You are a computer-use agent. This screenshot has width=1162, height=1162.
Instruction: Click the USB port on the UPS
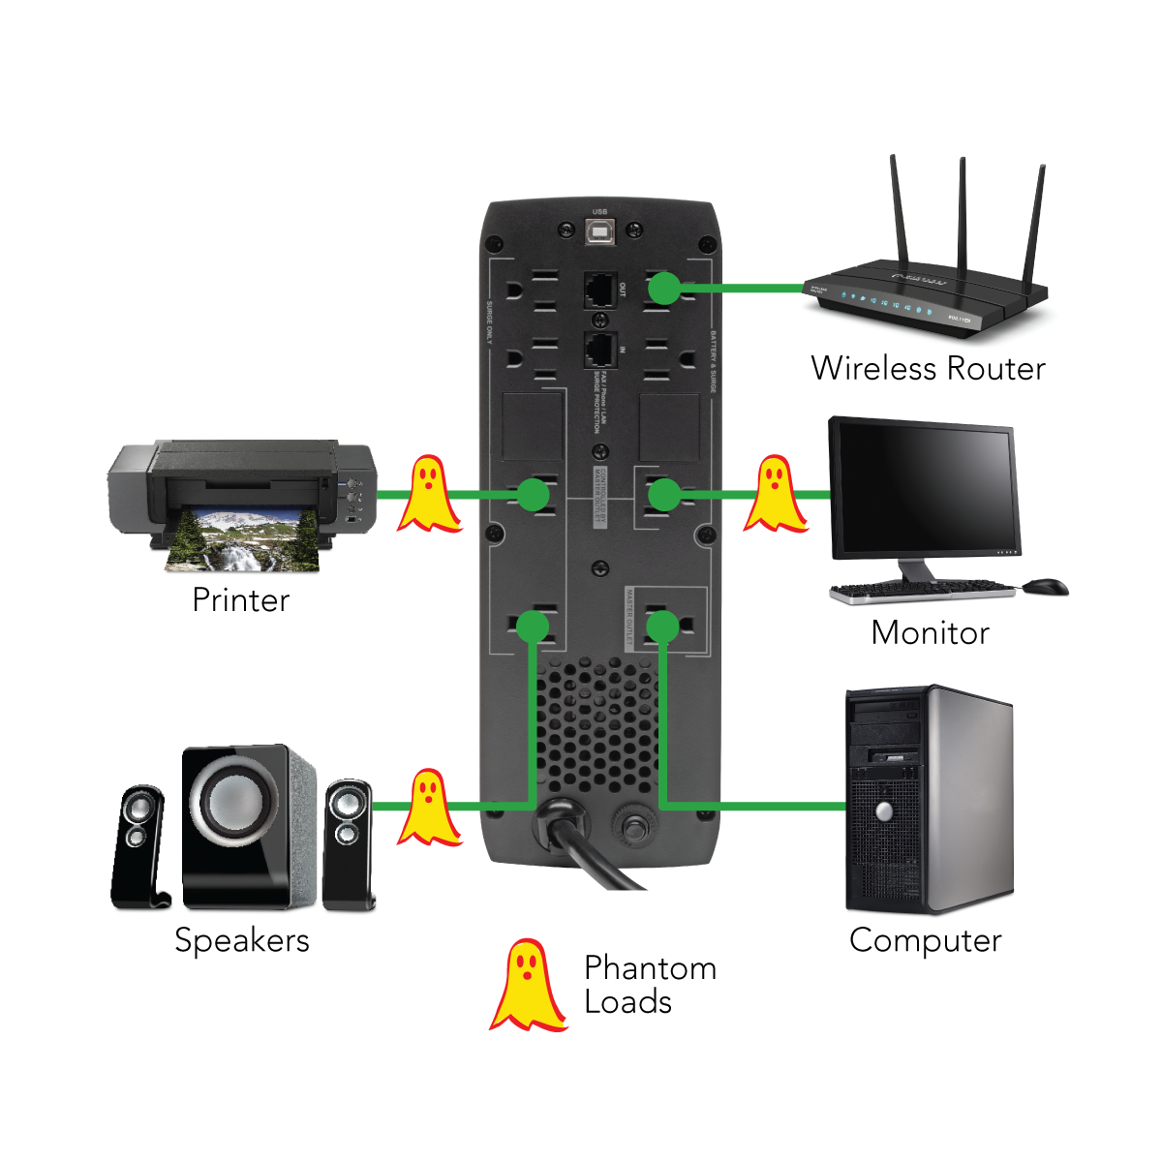point(600,229)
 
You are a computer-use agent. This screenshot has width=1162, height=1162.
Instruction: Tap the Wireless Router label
point(928,369)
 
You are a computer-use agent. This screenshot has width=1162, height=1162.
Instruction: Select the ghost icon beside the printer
point(428,494)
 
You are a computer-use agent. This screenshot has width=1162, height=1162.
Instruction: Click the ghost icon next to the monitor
point(775,494)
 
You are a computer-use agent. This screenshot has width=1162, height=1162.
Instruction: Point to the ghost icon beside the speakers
point(428,807)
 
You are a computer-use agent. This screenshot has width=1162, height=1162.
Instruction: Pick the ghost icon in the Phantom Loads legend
point(528,985)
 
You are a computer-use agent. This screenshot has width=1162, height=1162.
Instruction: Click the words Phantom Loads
point(650,985)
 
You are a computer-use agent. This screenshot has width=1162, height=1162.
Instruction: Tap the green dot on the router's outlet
point(664,288)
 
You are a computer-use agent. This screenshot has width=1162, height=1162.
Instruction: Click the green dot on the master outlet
point(662,627)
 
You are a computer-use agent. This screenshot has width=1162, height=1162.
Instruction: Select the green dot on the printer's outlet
point(533,495)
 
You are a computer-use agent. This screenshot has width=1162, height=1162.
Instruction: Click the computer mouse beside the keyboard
point(1045,587)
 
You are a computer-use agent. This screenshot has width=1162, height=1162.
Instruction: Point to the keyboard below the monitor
point(920,590)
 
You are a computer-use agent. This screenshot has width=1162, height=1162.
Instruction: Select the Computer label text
point(925,940)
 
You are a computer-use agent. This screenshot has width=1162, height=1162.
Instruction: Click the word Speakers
point(241,940)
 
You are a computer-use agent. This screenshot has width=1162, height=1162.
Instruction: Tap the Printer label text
point(240,600)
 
